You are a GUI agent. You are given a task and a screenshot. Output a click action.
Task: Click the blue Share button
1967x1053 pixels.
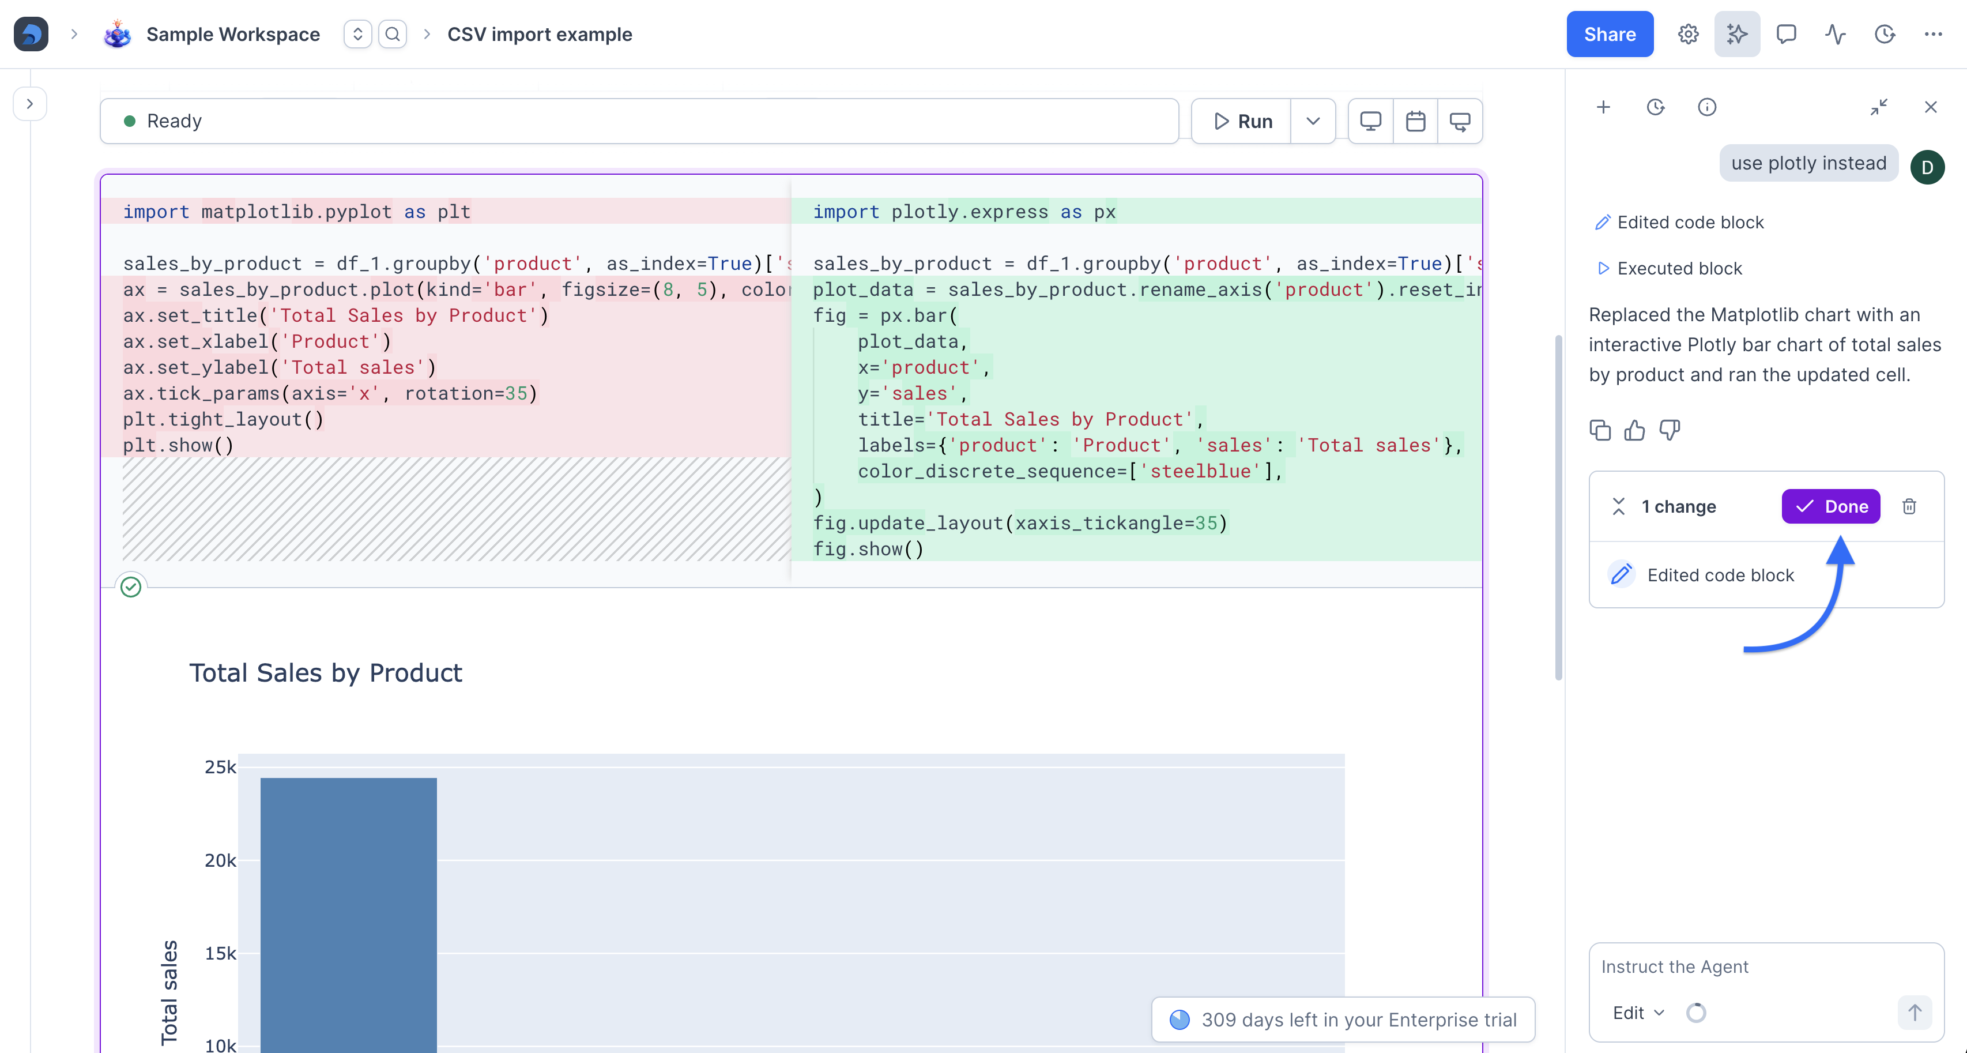click(1610, 35)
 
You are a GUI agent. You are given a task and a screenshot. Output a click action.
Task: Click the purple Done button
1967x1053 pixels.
click(1830, 506)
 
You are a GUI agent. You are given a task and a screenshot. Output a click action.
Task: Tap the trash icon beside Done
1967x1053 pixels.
click(1909, 506)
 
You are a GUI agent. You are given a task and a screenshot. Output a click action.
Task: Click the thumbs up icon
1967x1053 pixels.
click(1634, 431)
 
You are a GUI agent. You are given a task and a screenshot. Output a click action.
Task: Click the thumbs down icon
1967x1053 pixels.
click(1670, 431)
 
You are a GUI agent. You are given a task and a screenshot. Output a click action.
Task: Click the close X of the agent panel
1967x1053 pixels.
click(1930, 107)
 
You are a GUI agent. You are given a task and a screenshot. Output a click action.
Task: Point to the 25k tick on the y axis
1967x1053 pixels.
click(220, 766)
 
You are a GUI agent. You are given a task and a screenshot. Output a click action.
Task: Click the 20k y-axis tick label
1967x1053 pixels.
click(220, 860)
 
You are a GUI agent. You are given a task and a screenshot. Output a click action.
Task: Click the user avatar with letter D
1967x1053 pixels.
click(1927, 167)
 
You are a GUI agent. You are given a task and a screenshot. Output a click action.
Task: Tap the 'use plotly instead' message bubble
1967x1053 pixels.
click(1808, 163)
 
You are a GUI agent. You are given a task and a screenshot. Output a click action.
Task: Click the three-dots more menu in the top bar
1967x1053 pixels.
click(1934, 35)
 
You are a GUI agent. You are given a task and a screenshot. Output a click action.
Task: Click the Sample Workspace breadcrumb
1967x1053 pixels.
click(233, 35)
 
